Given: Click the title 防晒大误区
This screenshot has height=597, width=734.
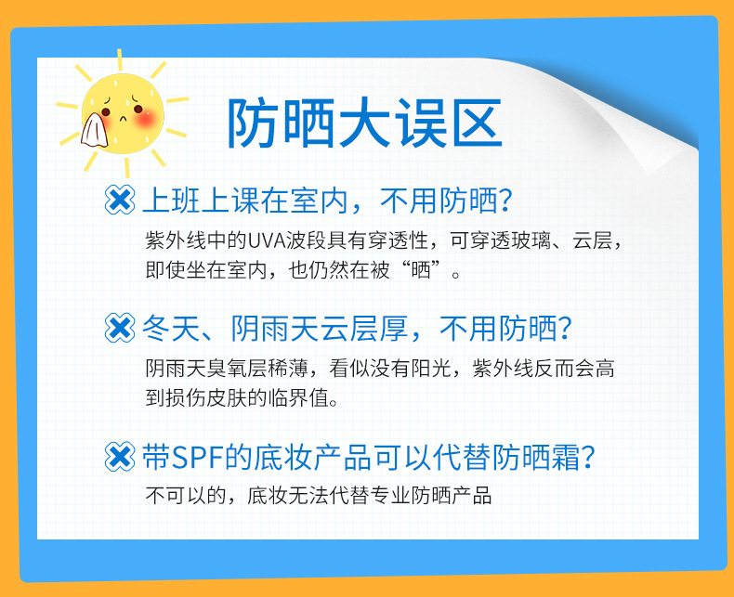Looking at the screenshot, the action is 365,123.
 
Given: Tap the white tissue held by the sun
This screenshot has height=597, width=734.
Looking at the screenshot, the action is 95,130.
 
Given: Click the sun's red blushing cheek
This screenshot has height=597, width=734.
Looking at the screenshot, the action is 145,120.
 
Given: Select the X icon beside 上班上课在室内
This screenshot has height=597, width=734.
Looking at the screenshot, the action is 119,200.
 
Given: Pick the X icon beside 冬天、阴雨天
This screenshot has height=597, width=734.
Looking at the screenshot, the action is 119,328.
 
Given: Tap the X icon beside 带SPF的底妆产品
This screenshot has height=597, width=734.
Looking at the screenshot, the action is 119,456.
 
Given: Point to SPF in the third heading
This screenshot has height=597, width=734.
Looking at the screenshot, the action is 197,457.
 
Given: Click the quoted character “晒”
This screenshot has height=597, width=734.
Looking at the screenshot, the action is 421,270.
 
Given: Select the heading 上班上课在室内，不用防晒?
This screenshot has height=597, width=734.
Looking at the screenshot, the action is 327,201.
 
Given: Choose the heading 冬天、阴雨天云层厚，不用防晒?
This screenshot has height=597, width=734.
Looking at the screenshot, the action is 357,329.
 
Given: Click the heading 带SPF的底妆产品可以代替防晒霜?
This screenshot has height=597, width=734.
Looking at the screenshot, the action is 369,457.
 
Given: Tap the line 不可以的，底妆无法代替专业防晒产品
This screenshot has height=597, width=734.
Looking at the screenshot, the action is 319,496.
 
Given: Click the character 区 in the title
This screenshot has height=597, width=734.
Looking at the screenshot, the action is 478,123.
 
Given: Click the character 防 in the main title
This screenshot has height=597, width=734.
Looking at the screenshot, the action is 253,123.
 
